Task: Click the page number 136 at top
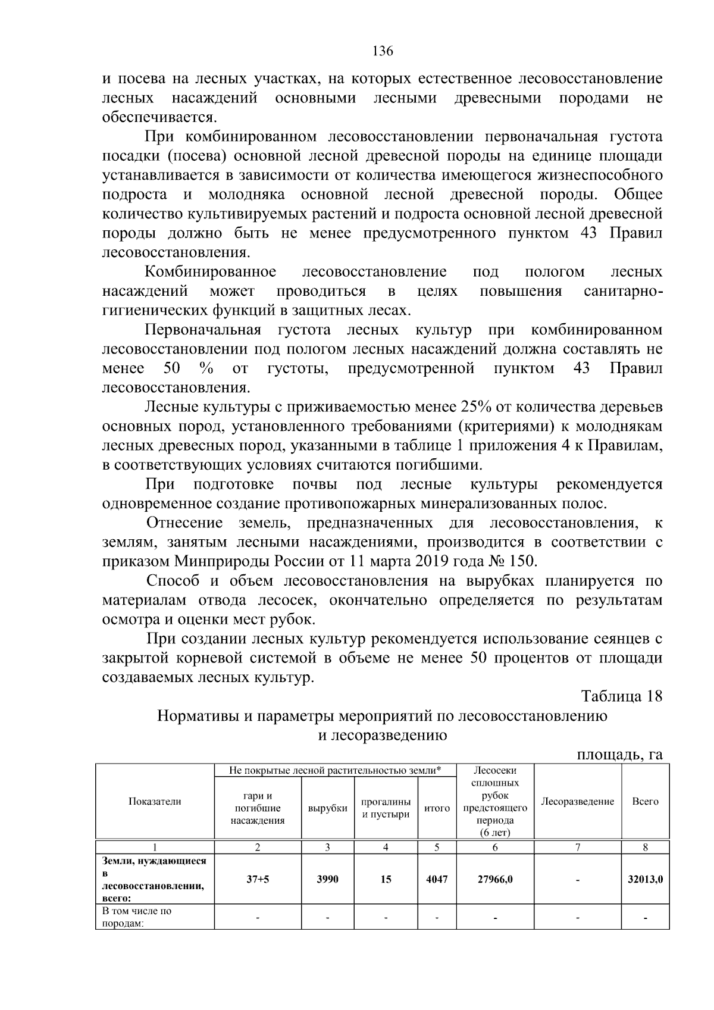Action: [383, 51]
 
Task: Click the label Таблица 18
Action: [621, 696]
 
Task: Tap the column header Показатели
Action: [155, 801]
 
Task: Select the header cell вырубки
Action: [327, 808]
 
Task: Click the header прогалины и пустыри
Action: [386, 808]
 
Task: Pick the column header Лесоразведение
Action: [577, 801]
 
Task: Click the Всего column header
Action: [645, 801]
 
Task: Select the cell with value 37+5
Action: [257, 879]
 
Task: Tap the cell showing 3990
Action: [327, 879]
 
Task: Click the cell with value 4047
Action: [437, 879]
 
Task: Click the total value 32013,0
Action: [646, 879]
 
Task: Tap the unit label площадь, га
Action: [619, 755]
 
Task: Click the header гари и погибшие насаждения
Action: [257, 808]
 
